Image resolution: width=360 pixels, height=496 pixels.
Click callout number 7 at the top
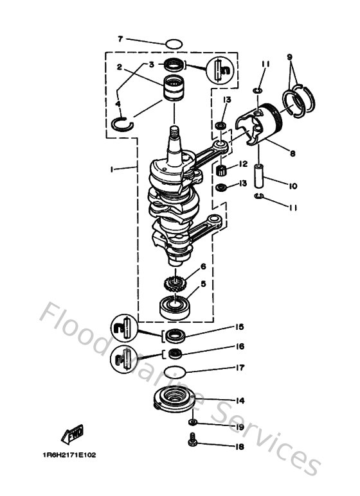pyautogui.click(x=120, y=39)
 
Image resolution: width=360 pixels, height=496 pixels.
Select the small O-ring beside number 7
pyautogui.click(x=174, y=43)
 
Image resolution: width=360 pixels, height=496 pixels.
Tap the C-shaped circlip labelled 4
pyautogui.click(x=123, y=123)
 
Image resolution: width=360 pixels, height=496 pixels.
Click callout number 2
pyautogui.click(x=120, y=67)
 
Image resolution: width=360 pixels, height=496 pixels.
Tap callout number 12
pyautogui.click(x=243, y=164)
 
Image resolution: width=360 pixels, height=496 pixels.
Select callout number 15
pyautogui.click(x=239, y=327)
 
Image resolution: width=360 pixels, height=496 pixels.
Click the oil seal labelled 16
pyautogui.click(x=176, y=353)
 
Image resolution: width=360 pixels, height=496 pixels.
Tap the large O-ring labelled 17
pyautogui.click(x=175, y=372)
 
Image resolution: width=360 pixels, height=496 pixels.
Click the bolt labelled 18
pyautogui.click(x=192, y=441)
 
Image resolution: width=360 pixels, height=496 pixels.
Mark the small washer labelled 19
pyautogui.click(x=192, y=423)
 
